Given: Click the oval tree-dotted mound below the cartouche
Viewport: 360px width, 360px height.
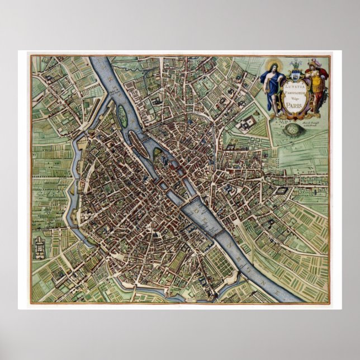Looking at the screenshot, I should point(294,130).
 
